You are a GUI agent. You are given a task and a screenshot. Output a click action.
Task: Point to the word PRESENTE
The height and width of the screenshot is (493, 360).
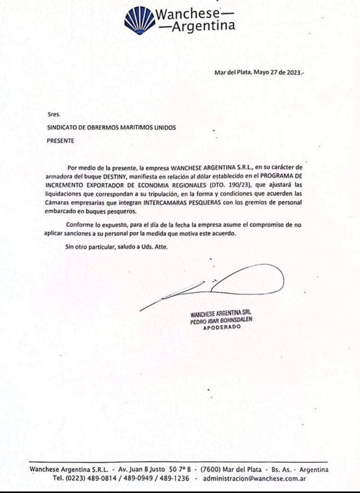click(x=61, y=141)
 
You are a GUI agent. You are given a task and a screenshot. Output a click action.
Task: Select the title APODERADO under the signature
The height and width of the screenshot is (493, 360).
click(x=221, y=327)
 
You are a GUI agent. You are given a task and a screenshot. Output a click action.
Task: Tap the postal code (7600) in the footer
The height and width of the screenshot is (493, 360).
click(x=210, y=469)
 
